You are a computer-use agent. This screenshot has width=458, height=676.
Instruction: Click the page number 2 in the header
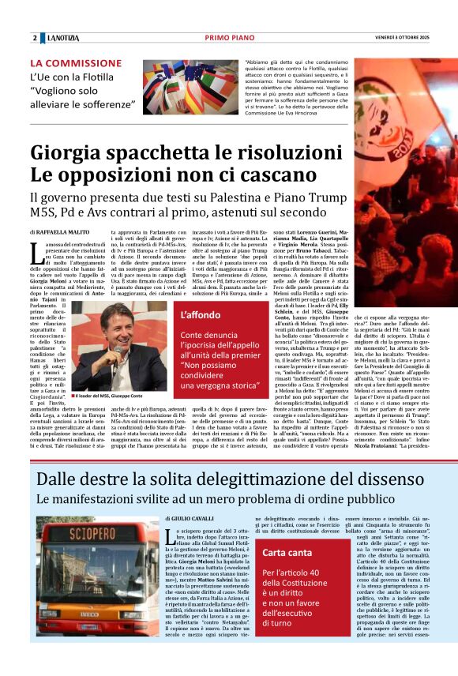[x=35, y=38]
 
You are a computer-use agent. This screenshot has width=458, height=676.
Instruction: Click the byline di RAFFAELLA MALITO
[x=62, y=233]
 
